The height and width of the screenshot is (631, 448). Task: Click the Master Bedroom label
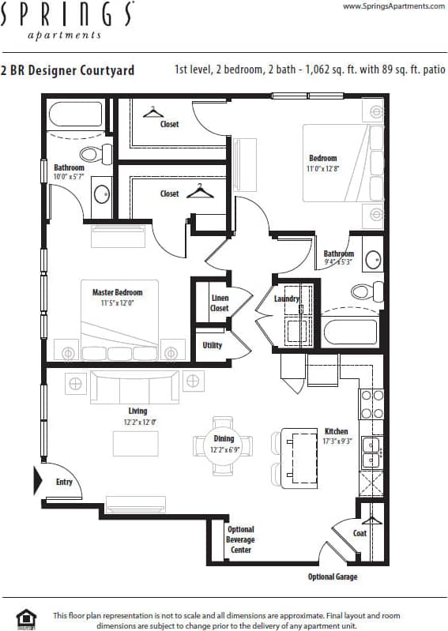pos(117,292)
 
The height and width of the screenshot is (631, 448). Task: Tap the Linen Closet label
pos(220,303)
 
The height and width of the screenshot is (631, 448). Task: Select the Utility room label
pos(213,345)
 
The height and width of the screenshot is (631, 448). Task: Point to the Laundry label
pos(286,299)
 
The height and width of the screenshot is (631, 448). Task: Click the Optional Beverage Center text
pos(241,539)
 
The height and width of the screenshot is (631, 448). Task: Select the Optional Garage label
pos(333,577)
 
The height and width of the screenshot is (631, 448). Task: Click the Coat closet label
pos(360,533)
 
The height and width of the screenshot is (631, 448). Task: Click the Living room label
pos(137,411)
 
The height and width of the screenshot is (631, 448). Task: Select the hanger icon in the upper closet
pos(152,112)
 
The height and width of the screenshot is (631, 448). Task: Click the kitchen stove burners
pos(371,404)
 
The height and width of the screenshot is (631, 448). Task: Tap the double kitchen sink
pos(371,453)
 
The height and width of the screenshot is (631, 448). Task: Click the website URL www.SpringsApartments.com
pos(393,6)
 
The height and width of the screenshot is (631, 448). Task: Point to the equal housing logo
pos(26,618)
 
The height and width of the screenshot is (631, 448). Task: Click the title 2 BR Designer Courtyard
pos(68,70)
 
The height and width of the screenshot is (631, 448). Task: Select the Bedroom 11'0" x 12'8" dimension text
pos(322,168)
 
